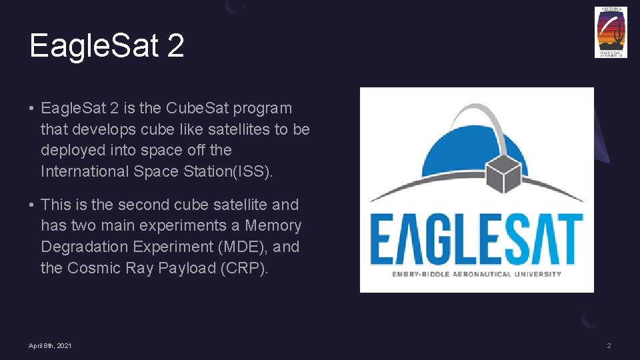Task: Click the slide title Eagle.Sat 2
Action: [107, 46]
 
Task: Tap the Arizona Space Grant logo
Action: [611, 32]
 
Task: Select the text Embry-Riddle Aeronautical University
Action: [477, 274]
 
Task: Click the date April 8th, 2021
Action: [51, 345]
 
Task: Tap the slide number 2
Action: [609, 345]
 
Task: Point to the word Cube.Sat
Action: [194, 108]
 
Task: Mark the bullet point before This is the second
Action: [32, 205]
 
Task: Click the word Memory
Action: [273, 226]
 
